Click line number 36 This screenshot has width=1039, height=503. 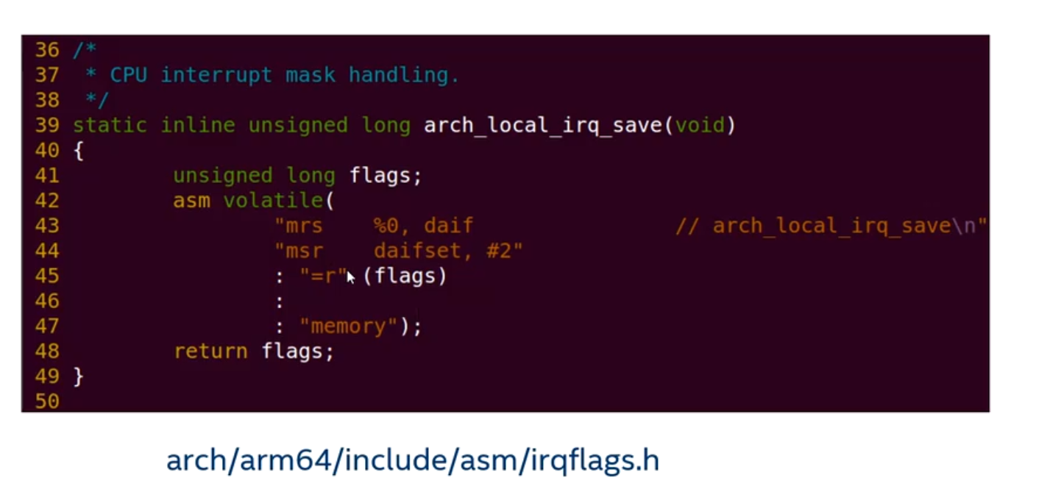click(46, 50)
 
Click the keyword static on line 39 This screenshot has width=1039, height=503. click(110, 125)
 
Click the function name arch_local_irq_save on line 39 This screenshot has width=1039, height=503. click(544, 125)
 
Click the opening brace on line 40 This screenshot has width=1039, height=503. click(78, 151)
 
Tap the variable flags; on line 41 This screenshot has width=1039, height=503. click(385, 176)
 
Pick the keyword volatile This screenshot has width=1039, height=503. click(273, 201)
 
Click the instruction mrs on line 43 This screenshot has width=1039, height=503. click(303, 226)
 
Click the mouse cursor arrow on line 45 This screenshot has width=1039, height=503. click(350, 277)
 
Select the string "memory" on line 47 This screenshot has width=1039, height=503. click(349, 326)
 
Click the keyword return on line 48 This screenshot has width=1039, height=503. click(210, 352)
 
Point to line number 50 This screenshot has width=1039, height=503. click(46, 402)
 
